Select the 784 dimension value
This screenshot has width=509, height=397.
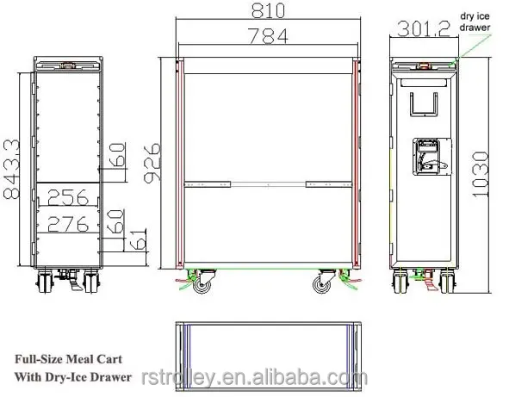pyautogui.click(x=266, y=36)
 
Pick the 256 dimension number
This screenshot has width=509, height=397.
pyautogui.click(x=69, y=197)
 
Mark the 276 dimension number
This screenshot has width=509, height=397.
pyautogui.click(x=69, y=224)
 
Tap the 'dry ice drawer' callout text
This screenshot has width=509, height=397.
pyautogui.click(x=474, y=21)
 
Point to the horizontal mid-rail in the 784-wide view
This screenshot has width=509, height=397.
pyautogui.click(x=267, y=183)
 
